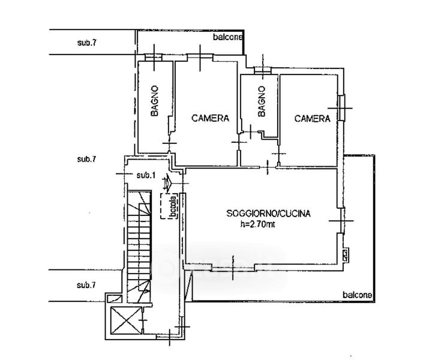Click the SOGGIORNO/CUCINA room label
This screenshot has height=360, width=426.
(x=268, y=213)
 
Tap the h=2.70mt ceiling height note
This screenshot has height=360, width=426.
(x=257, y=224)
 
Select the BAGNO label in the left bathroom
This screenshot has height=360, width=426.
(x=154, y=101)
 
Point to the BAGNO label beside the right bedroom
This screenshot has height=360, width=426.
(x=262, y=101)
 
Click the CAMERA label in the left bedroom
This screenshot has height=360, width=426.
(x=210, y=118)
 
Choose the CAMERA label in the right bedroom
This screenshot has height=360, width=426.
(x=313, y=118)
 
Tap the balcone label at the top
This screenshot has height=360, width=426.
(x=227, y=37)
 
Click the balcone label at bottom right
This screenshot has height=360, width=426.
(x=357, y=295)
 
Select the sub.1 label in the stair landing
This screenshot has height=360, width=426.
(x=146, y=175)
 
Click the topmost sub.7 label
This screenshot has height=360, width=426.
(x=86, y=43)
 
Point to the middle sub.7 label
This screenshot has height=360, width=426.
(x=86, y=159)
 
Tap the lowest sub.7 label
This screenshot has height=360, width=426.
(x=86, y=285)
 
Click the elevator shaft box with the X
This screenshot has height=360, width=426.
(x=127, y=320)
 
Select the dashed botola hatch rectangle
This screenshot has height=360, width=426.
(x=169, y=206)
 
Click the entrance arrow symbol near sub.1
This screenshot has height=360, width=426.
(x=167, y=181)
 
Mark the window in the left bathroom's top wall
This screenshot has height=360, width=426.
(x=153, y=58)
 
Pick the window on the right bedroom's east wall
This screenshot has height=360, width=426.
(x=342, y=107)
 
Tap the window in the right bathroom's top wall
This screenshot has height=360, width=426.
(x=263, y=70)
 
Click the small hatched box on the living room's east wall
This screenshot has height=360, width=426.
(x=346, y=255)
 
